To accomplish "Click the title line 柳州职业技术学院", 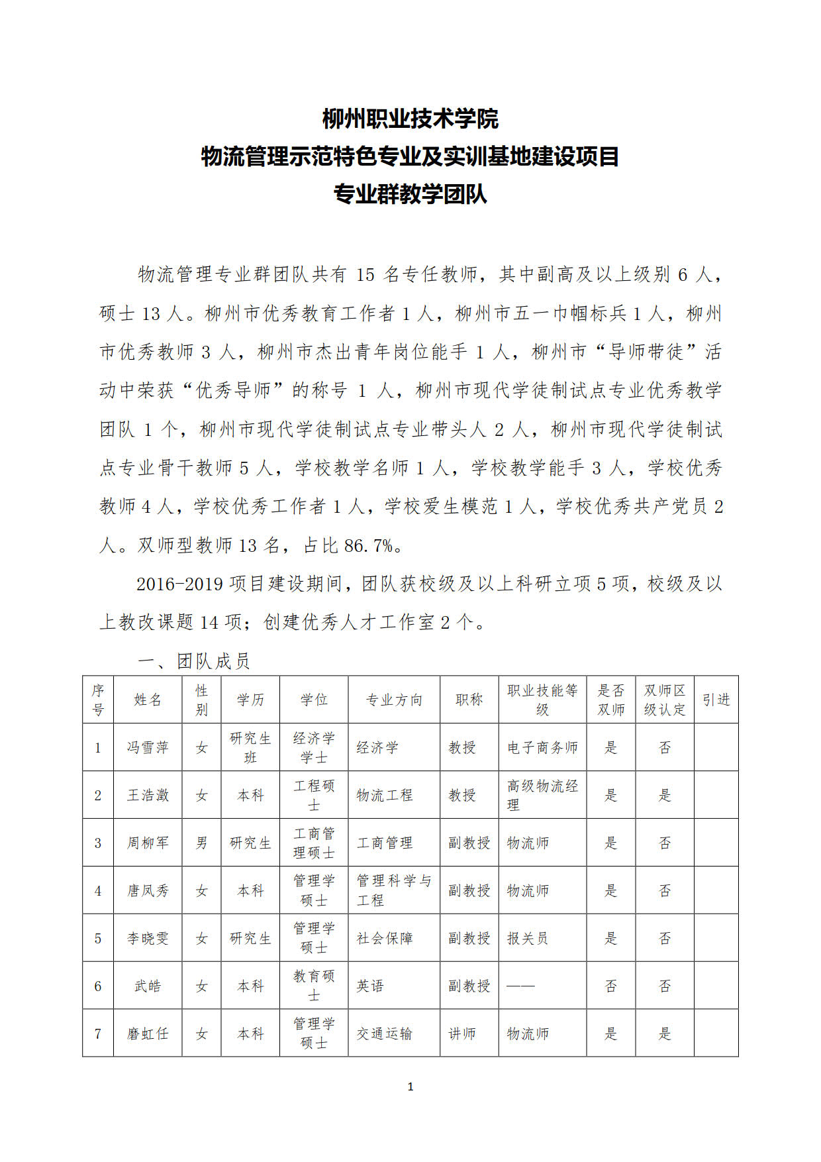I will point(410,119).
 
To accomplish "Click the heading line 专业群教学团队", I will point(410,195).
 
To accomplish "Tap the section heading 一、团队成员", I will point(193,660).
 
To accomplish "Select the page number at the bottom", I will point(410,1086).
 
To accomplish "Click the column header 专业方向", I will point(394,700).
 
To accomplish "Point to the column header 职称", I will point(469,700).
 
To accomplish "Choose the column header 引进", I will point(716,700).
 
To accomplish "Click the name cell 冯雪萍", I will point(148,747).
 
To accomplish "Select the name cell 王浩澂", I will point(148,795).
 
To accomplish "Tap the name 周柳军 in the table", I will point(148,843).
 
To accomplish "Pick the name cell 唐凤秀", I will point(148,890).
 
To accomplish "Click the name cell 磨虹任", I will point(148,1033).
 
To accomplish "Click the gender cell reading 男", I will point(201,843).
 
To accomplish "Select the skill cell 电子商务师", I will point(542,747).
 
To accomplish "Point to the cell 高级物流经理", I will point(542,795).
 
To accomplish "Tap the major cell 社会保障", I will point(385,938).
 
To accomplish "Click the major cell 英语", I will point(370,986).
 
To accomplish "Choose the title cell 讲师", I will point(462,1033).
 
